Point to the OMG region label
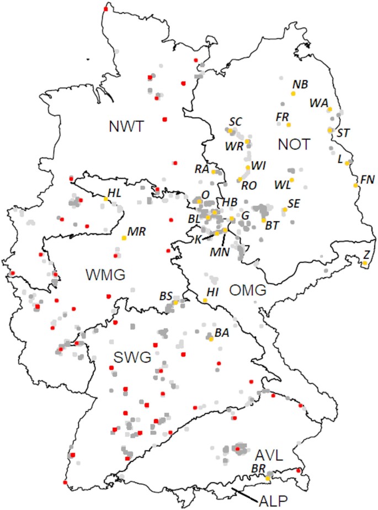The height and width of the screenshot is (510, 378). click(x=248, y=290)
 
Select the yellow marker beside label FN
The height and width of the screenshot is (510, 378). click(x=356, y=185)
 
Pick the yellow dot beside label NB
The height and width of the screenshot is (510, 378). click(x=293, y=94)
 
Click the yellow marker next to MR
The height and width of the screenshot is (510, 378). click(x=124, y=237)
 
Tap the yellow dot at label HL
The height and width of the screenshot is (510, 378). click(x=105, y=199)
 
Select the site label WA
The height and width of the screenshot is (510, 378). click(x=318, y=103)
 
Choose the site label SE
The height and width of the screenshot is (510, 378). click(x=294, y=203)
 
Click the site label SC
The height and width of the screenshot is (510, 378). click(x=236, y=121)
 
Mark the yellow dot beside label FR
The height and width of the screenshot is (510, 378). click(x=289, y=125)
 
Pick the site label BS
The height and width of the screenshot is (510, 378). click(x=166, y=296)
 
